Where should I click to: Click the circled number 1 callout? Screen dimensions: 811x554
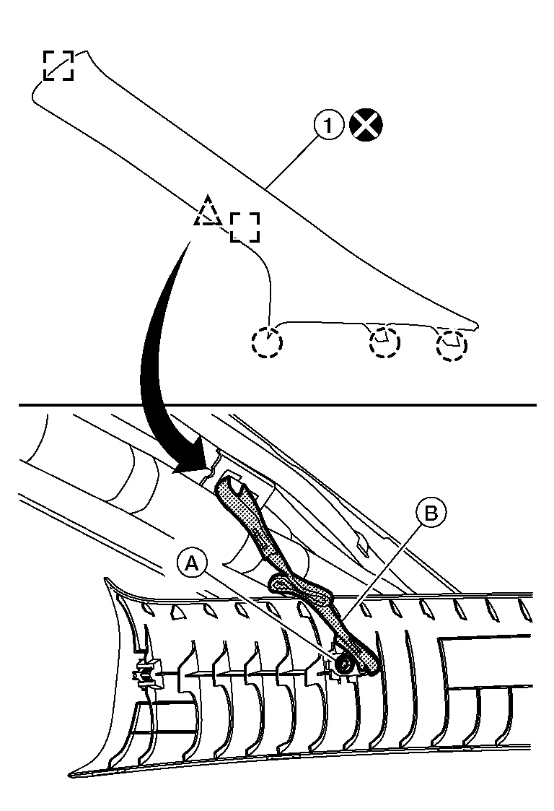point(328,126)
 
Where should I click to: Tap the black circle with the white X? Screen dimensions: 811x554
point(366,126)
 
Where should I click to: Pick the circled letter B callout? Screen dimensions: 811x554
point(431,513)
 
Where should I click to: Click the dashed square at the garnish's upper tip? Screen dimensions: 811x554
point(58,66)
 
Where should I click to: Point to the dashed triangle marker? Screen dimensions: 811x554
point(208,211)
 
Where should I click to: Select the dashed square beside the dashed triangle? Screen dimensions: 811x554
point(245,227)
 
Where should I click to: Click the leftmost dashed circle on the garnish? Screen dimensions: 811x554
point(267,343)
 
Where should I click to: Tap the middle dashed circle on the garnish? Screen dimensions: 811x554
point(383,342)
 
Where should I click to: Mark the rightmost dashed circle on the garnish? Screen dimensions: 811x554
point(452,344)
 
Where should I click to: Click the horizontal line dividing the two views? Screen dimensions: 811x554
point(277,405)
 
